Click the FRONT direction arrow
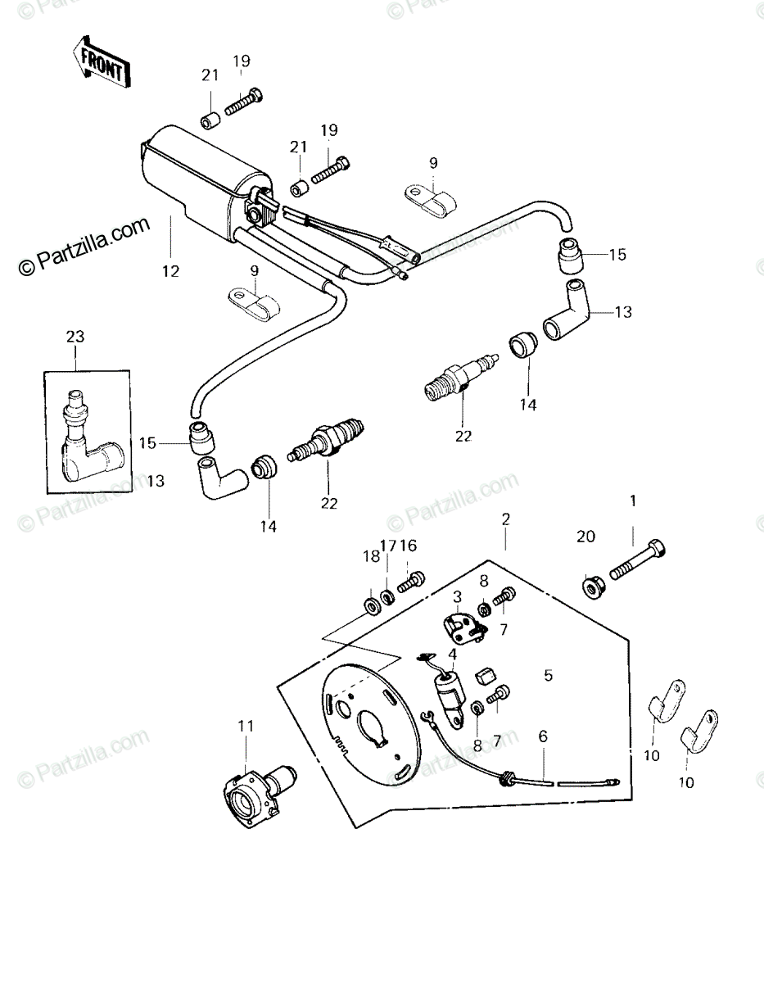tap(102, 62)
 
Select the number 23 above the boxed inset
tap(75, 337)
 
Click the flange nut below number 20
tap(591, 587)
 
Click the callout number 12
tap(171, 271)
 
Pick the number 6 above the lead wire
tap(543, 736)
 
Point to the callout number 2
tap(506, 519)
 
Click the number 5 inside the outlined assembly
tap(549, 675)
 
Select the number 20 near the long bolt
tap(585, 537)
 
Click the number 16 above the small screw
tap(408, 546)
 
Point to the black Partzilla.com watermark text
tap(84, 247)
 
